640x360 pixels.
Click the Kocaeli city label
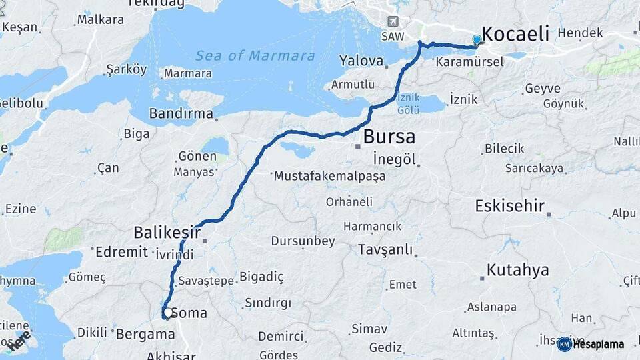[515, 34]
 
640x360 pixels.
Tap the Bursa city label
[389, 137]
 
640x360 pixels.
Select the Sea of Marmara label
[255, 55]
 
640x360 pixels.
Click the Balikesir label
[167, 233]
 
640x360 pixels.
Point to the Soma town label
[189, 313]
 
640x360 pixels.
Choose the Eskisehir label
[510, 206]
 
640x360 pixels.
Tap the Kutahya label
[518, 270]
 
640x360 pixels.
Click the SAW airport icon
[391, 21]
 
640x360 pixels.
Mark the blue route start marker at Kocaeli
[477, 41]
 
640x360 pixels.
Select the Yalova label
[361, 61]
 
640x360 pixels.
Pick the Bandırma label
[180, 114]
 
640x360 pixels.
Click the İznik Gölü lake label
[409, 103]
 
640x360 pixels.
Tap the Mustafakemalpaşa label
[329, 177]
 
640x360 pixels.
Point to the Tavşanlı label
[385, 250]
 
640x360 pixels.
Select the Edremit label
[121, 252]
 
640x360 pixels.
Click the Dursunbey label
[303, 241]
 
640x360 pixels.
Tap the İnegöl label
[395, 159]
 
